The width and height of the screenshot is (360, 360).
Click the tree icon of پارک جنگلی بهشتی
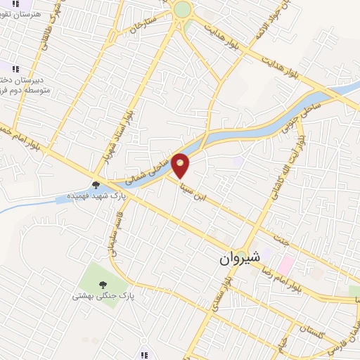(103, 285)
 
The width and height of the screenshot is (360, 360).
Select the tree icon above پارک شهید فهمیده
(96, 185)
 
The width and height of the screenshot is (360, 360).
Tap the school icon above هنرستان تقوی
(15, 3)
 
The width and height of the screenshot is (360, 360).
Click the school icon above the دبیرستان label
(15, 68)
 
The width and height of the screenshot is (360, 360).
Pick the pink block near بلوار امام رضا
(285, 265)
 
